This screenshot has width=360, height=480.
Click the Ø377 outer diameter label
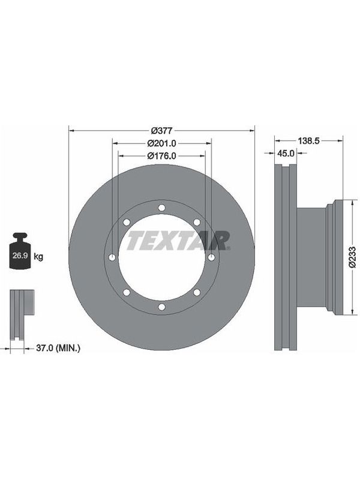[162, 131]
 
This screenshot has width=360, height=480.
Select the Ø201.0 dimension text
[161, 143]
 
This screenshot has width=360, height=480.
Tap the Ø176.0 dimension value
[161, 156]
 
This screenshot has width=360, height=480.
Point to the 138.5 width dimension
[308, 140]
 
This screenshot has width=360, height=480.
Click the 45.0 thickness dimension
[286, 153]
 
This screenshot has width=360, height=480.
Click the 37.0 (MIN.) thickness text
[58, 348]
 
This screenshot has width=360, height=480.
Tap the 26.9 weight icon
[20, 251]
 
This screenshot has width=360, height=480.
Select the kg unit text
[38, 256]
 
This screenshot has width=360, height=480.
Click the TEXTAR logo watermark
[178, 241]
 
